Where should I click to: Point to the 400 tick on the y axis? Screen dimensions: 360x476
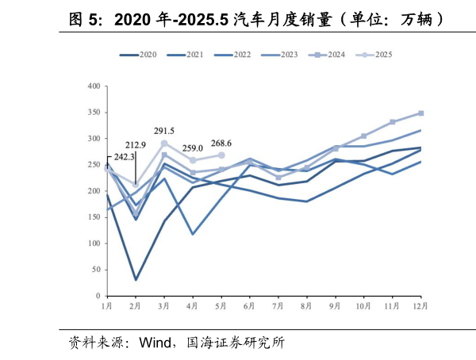(x=94, y=86)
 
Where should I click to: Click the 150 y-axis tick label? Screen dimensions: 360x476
(x=94, y=217)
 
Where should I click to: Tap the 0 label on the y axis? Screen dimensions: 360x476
(x=98, y=296)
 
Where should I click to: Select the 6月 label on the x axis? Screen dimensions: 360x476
(x=250, y=305)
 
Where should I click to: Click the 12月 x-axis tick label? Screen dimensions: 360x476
(x=420, y=305)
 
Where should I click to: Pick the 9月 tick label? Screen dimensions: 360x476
(x=336, y=305)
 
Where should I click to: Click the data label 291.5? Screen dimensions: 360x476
(x=164, y=131)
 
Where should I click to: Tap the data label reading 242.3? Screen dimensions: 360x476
(x=124, y=157)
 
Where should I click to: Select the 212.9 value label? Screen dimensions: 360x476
(x=136, y=145)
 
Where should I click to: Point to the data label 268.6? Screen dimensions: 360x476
(x=221, y=144)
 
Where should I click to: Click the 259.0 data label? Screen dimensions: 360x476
(x=193, y=147)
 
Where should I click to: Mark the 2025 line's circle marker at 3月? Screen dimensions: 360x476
(x=164, y=144)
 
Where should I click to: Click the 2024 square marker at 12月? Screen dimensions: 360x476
(x=420, y=113)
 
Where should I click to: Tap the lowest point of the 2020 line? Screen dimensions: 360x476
(x=136, y=279)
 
